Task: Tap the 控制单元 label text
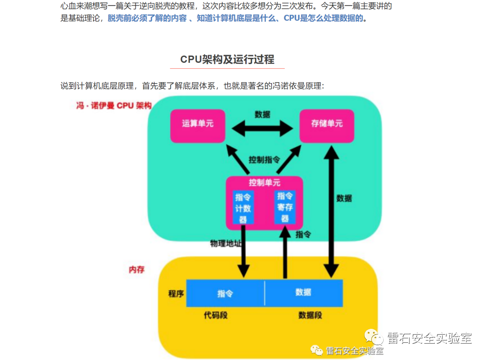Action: click(x=264, y=183)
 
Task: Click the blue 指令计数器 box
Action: click(x=243, y=208)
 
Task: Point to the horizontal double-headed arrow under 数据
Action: click(x=263, y=129)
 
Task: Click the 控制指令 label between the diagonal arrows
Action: click(x=264, y=160)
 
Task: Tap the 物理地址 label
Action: click(x=225, y=243)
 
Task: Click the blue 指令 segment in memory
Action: click(x=225, y=293)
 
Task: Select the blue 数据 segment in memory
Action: click(x=303, y=292)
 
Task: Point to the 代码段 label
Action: click(x=216, y=315)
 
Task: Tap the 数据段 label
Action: click(x=310, y=315)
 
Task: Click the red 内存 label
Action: click(x=136, y=269)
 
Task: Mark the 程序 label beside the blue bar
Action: click(x=176, y=294)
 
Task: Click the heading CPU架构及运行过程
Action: click(x=227, y=60)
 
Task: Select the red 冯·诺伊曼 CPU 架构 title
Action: click(x=113, y=106)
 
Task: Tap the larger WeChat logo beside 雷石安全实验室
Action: click(x=375, y=337)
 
